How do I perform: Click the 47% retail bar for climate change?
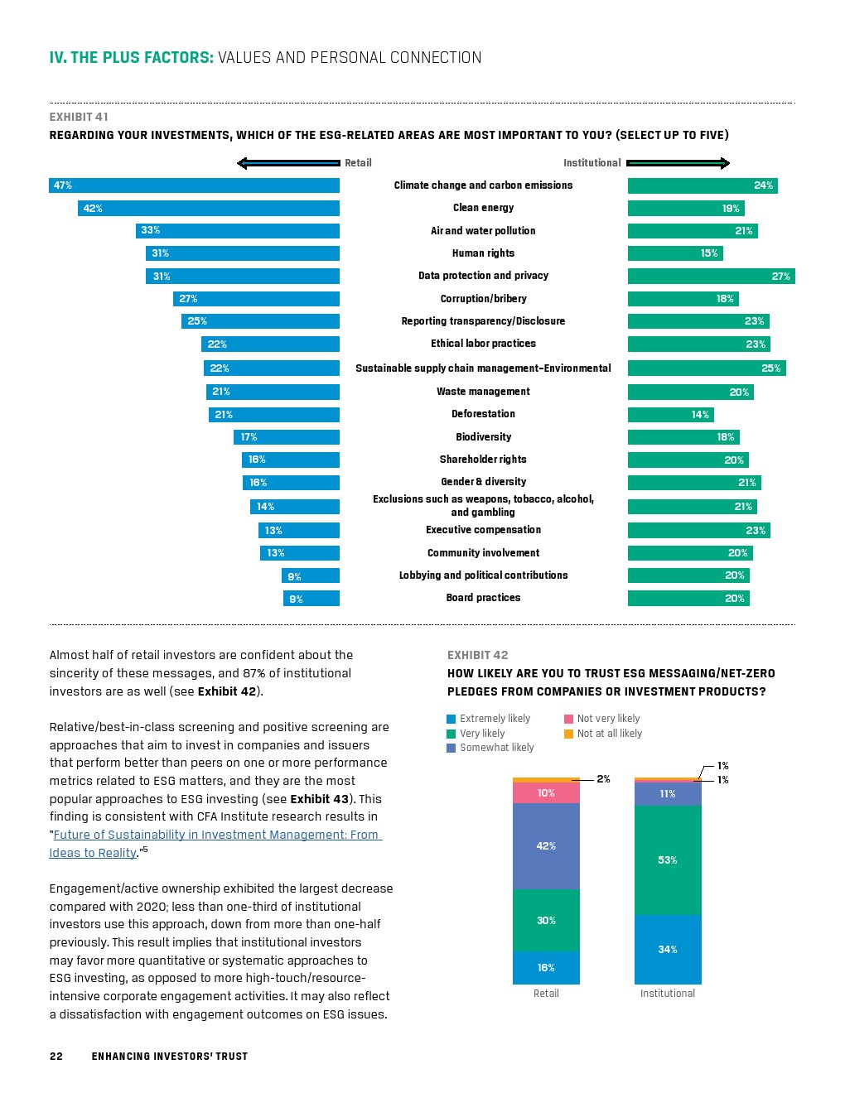194,185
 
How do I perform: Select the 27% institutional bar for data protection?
711,276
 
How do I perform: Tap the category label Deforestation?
483,414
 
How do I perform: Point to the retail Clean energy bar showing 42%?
208,208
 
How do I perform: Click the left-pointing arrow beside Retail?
287,163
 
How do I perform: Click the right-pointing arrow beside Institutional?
678,163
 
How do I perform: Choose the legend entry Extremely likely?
495,719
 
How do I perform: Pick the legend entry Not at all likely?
609,734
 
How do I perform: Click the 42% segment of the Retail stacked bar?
546,846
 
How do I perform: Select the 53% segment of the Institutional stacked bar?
668,860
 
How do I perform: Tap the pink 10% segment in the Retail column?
546,793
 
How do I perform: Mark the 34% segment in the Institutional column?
668,950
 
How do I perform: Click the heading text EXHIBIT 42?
477,655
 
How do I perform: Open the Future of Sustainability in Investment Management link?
215,835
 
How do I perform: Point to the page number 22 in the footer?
56,1056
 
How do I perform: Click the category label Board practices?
483,598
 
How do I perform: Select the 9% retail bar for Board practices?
311,599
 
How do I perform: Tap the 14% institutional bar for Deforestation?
670,415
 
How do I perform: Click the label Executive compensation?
483,530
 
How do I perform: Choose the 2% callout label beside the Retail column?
603,779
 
